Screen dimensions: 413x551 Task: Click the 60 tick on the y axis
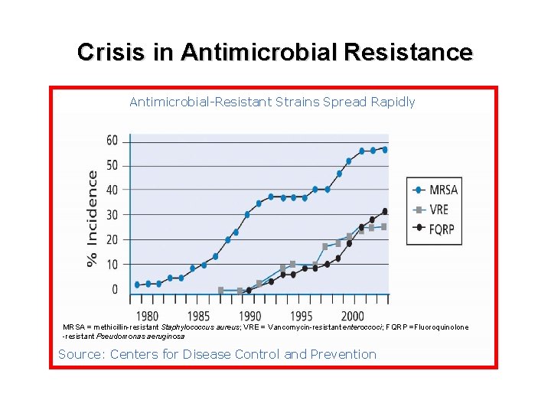[112, 141]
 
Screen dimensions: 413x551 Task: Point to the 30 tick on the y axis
[112, 215]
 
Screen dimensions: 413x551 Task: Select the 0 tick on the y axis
[115, 289]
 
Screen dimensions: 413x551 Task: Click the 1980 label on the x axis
[147, 316]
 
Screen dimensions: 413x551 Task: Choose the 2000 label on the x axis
[352, 316]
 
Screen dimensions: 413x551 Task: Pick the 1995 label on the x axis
[302, 316]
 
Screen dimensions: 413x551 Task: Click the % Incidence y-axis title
[92, 219]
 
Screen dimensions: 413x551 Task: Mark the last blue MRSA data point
[385, 150]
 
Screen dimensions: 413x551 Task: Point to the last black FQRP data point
[385, 211]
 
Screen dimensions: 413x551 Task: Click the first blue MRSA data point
[137, 285]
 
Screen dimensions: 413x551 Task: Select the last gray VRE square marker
[384, 227]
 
